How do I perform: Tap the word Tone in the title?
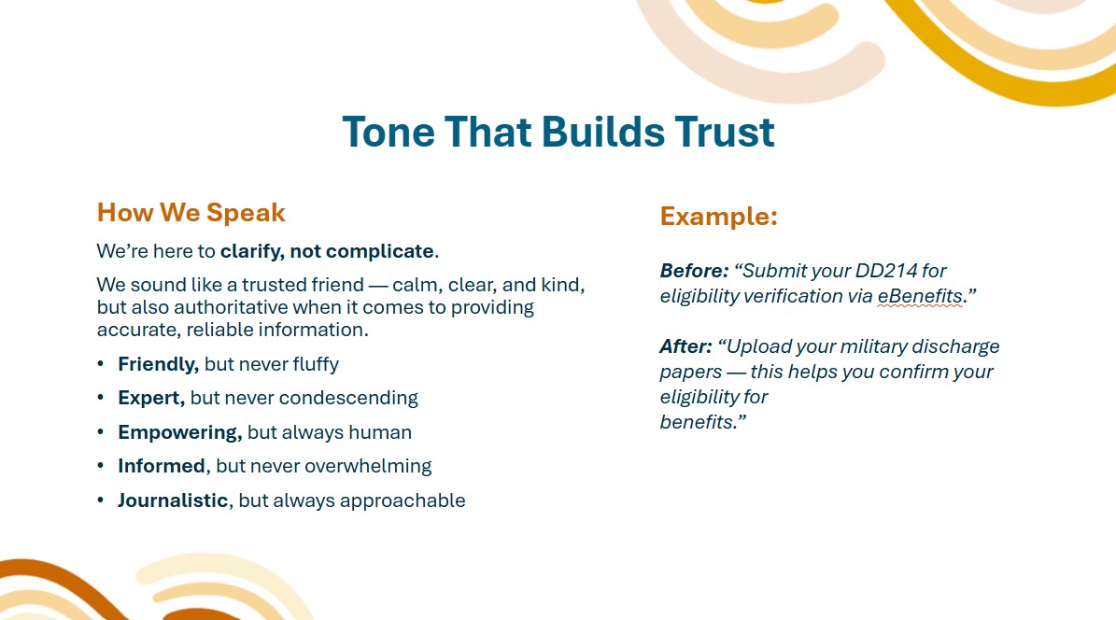(x=388, y=133)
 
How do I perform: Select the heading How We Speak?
(x=191, y=212)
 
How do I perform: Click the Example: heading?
(x=719, y=216)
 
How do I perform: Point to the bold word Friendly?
(x=158, y=364)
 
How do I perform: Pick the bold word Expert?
(x=151, y=398)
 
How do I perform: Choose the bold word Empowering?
(x=180, y=433)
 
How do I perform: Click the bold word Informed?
(x=162, y=466)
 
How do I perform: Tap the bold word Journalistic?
(x=173, y=500)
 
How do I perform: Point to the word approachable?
(x=403, y=500)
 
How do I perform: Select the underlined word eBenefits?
(x=920, y=296)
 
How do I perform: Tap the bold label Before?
(x=694, y=271)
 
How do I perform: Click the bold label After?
(x=685, y=346)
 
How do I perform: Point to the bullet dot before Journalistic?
(x=101, y=500)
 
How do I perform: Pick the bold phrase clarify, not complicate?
(x=327, y=251)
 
